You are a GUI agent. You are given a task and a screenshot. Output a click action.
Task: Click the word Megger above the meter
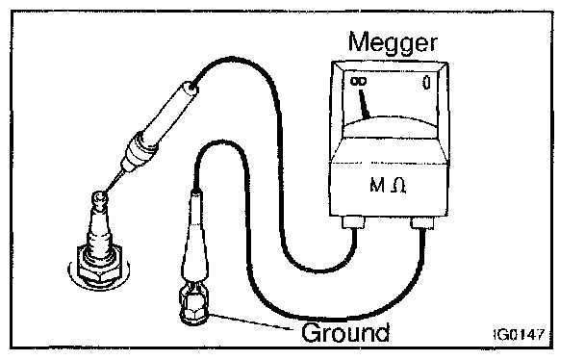pyautogui.click(x=393, y=43)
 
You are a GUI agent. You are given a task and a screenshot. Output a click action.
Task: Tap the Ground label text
pyautogui.click(x=345, y=332)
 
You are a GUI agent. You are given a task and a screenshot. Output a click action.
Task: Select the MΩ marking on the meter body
pyautogui.click(x=387, y=185)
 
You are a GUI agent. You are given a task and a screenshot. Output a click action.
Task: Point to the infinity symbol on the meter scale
pyautogui.click(x=358, y=81)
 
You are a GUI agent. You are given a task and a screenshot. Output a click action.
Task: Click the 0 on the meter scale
pyautogui.click(x=426, y=83)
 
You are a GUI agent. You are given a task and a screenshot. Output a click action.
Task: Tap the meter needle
pyautogui.click(x=364, y=104)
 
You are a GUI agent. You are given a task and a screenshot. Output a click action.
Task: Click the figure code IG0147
pyautogui.click(x=519, y=335)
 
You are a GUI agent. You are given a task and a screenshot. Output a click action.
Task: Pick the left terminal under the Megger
pyautogui.click(x=353, y=222)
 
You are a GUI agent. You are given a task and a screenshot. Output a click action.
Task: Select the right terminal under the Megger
pyautogui.click(x=422, y=222)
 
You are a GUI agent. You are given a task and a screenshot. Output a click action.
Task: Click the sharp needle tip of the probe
pyautogui.click(x=105, y=192)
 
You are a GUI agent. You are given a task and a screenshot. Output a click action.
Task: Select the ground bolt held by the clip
pyautogui.click(x=193, y=310)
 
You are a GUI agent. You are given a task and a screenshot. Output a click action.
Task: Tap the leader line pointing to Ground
pyautogui.click(x=250, y=321)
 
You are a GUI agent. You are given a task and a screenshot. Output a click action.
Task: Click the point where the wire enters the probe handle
pyautogui.click(x=192, y=88)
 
